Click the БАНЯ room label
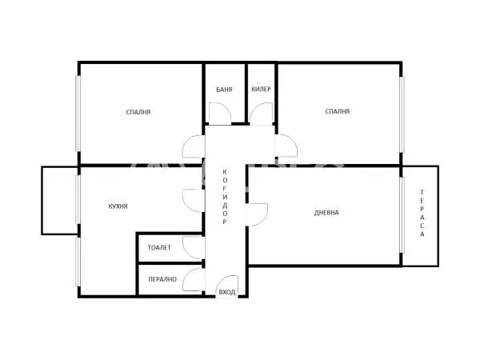click(224, 90)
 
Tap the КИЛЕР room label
click(262, 90)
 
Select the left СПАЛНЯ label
click(138, 112)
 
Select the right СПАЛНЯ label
click(338, 112)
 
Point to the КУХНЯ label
click(118, 206)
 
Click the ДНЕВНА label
click(326, 213)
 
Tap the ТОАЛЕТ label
click(159, 248)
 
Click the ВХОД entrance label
click(227, 293)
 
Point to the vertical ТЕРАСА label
click(422, 214)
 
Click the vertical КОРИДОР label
click(226, 197)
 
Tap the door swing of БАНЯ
click(222, 114)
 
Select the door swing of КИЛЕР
click(260, 114)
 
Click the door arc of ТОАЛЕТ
click(194, 246)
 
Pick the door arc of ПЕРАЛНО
click(194, 279)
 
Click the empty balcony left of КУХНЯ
click(59, 200)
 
